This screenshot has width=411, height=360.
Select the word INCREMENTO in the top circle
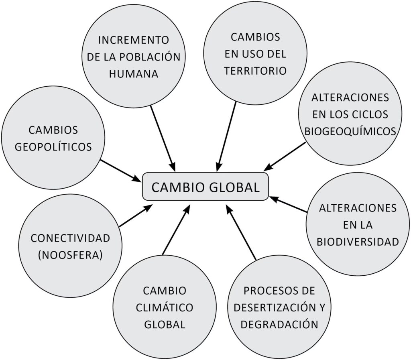tap(134, 40)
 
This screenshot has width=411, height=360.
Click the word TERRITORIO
tap(255, 71)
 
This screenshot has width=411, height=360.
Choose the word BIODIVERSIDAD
tap(358, 242)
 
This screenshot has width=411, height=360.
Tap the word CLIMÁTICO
tap(165, 307)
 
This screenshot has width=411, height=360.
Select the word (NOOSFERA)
tap(70, 255)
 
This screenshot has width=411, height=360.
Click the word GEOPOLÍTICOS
tap(53, 146)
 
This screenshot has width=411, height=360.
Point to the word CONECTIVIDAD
tap(70, 238)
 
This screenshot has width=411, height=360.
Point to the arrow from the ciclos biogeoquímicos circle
tap(285, 157)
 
